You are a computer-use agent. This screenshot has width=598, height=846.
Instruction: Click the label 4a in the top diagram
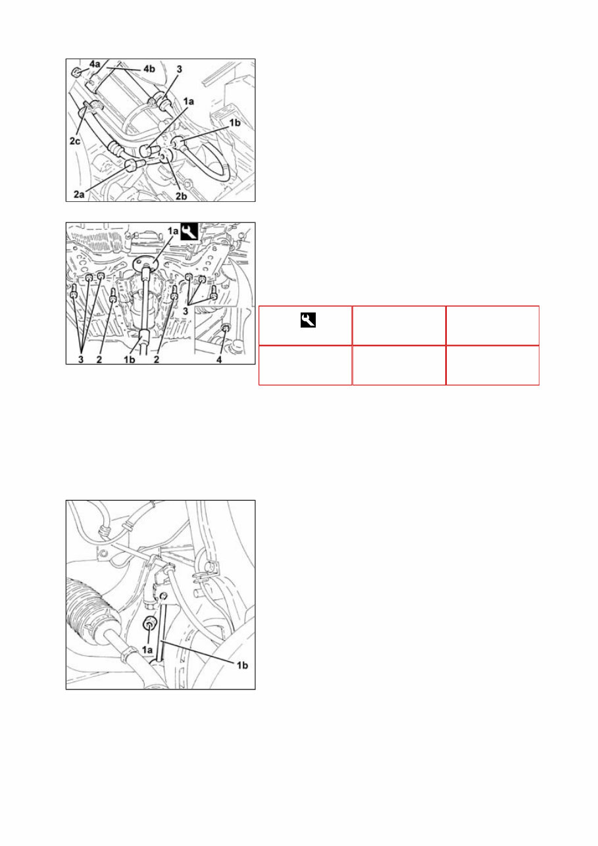95,64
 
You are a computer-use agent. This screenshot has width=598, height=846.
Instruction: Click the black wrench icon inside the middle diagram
172,231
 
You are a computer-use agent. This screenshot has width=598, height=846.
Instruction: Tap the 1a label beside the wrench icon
157,232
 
